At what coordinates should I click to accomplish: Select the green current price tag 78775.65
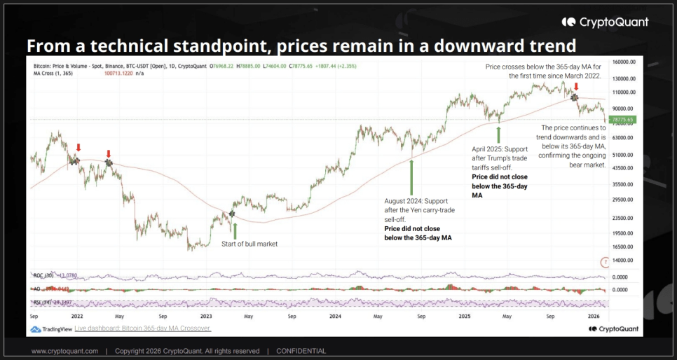click(x=622, y=120)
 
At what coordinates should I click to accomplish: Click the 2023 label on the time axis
click(x=206, y=316)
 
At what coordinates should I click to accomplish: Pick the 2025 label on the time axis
click(x=463, y=316)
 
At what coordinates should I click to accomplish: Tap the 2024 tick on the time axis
click(x=335, y=316)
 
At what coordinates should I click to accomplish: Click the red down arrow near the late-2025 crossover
click(x=576, y=87)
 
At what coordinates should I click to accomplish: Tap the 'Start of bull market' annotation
click(x=249, y=244)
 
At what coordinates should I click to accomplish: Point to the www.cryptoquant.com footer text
click(x=64, y=351)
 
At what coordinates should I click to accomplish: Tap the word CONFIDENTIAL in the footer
click(x=301, y=351)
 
